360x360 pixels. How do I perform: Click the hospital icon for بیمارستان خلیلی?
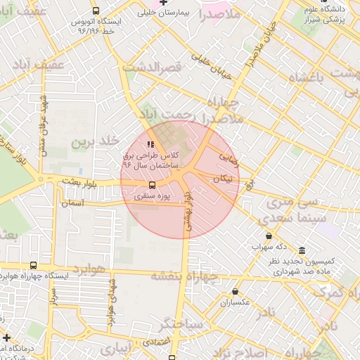[x=163, y=3]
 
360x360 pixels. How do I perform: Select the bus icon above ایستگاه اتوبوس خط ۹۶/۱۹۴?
[x=96, y=11]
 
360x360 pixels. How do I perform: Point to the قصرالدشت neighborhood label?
[x=153, y=67]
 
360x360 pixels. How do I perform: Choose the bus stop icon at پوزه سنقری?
[x=153, y=186]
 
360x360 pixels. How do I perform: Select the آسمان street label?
[x=73, y=202]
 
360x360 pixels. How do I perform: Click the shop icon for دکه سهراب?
[x=269, y=236]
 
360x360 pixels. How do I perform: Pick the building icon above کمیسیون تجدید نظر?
[x=302, y=251]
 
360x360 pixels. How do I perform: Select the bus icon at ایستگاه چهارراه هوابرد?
[x=33, y=265]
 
